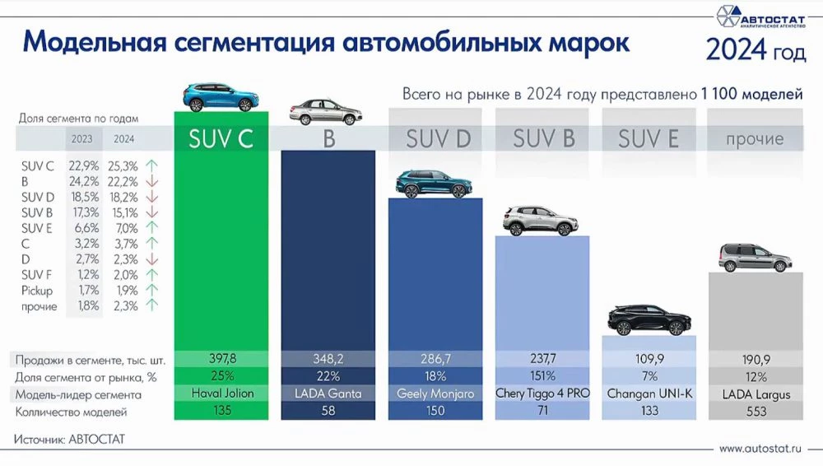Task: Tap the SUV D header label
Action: (438, 139)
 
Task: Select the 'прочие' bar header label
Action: (755, 139)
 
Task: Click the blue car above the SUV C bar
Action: (220, 97)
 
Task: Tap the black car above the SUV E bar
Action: (649, 319)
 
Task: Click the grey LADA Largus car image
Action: (755, 258)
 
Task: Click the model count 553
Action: (755, 412)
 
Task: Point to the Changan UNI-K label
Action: (649, 394)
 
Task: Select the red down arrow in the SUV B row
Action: (151, 213)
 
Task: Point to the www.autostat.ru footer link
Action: (759, 449)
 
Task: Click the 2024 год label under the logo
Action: (755, 51)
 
